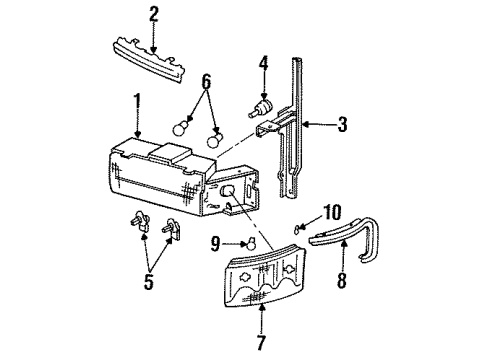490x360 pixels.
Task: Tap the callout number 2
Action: click(154, 14)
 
